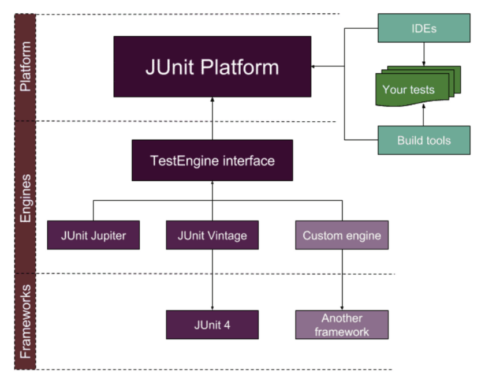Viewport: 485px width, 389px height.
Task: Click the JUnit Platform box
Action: click(x=212, y=66)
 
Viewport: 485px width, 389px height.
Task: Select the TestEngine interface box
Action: click(x=212, y=160)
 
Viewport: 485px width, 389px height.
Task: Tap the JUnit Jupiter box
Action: click(x=93, y=235)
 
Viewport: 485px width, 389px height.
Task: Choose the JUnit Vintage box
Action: click(x=212, y=235)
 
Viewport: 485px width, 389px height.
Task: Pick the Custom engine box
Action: click(x=342, y=235)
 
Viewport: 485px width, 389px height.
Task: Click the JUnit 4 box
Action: click(x=212, y=324)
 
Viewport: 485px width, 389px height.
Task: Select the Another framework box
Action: click(x=342, y=324)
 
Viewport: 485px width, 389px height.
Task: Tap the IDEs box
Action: click(x=424, y=28)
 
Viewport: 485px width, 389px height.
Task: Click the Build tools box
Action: click(x=424, y=140)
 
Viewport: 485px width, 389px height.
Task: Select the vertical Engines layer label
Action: click(x=25, y=196)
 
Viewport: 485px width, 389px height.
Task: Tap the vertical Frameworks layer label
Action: click(x=25, y=320)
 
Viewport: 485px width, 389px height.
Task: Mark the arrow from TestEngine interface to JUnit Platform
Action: click(x=212, y=118)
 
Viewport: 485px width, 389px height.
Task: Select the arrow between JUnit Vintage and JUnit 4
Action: click(x=212, y=280)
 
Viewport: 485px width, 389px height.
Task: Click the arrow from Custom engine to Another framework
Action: click(x=342, y=280)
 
